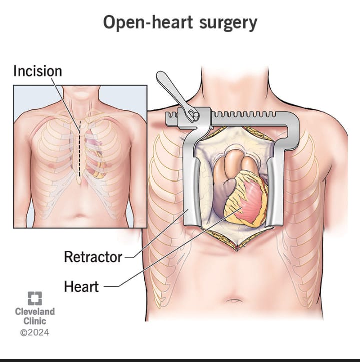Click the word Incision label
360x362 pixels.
[x=38, y=71]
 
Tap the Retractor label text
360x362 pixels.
[x=93, y=257]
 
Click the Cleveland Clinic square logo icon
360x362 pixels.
[x=34, y=298]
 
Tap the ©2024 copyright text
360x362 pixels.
[x=34, y=332]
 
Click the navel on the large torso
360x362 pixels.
[x=234, y=302]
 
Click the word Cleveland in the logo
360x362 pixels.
[x=35, y=312]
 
